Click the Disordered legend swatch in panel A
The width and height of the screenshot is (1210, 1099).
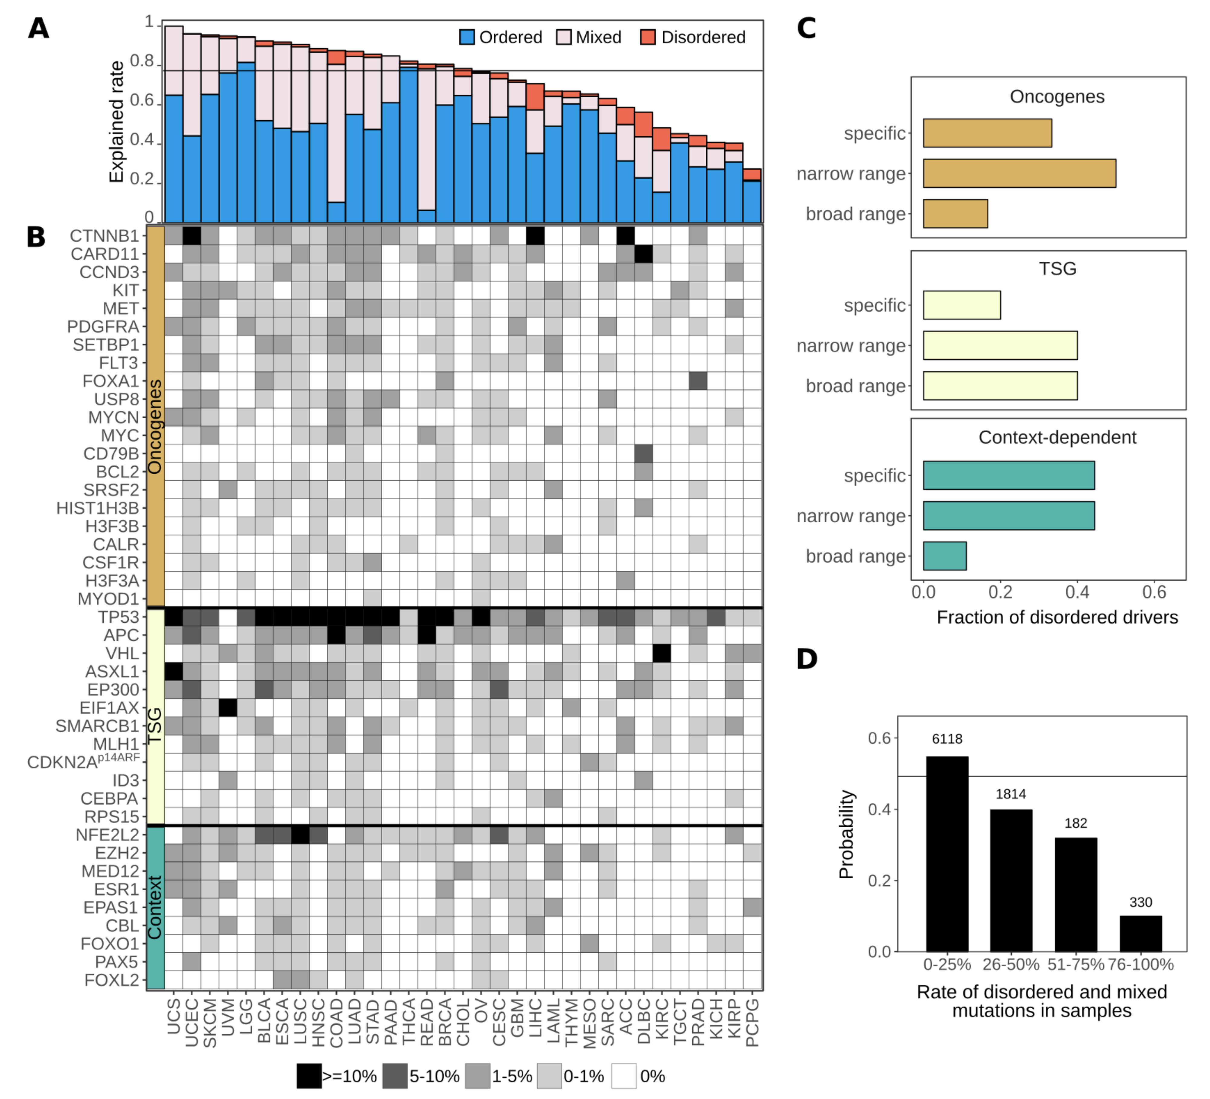tap(648, 37)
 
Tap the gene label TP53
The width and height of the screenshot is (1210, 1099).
tap(118, 617)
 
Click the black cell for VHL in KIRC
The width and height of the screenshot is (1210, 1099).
tap(662, 653)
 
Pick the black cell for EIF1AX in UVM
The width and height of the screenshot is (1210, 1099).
tap(228, 708)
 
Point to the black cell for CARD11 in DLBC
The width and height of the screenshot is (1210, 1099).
tap(643, 254)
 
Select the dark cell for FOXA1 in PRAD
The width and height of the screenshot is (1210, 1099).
tap(698, 381)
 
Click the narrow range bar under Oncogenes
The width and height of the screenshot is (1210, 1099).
tap(1019, 173)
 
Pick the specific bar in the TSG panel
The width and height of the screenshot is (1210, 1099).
tap(962, 305)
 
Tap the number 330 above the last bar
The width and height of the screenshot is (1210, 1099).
tap(1140, 902)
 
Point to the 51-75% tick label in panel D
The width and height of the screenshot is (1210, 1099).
tap(1076, 964)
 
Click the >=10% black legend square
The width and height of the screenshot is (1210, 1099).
tap(309, 1076)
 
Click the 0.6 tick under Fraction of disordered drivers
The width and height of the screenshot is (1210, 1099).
tap(1153, 592)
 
